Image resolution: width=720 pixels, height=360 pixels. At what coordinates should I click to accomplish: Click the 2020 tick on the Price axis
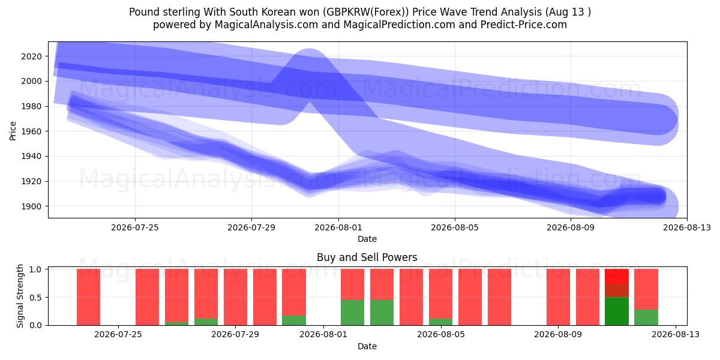31,56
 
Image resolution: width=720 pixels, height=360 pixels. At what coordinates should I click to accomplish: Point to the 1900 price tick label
31,206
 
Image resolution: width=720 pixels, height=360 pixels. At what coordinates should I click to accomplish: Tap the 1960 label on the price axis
31,131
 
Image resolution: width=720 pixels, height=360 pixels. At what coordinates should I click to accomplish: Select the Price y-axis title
13,131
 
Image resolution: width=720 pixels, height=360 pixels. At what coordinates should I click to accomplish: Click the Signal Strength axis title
20,296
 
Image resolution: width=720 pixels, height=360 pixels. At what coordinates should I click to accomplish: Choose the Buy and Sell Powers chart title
367,257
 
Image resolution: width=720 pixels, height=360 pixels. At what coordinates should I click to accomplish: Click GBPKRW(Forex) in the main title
366,12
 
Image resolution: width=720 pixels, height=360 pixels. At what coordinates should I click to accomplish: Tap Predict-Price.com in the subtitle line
524,25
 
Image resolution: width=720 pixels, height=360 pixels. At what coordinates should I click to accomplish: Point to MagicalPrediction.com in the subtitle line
399,25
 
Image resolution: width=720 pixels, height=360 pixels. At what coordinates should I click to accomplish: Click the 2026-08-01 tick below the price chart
338,227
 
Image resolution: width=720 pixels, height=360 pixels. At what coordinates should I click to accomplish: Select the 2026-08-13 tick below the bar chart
676,335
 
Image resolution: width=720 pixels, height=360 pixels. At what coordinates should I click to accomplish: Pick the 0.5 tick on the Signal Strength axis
35,298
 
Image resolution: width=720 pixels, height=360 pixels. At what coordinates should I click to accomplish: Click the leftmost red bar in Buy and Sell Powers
88,297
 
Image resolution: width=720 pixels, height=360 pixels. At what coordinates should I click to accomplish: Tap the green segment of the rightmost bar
646,317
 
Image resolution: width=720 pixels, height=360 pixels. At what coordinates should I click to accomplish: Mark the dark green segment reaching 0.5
617,311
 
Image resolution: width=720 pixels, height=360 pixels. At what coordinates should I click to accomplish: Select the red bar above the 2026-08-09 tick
559,297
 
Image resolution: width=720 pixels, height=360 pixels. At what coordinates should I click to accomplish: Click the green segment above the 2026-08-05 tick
440,322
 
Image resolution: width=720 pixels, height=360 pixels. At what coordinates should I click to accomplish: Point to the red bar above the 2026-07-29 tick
236,297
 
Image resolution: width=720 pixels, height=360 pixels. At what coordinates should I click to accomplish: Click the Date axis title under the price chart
367,239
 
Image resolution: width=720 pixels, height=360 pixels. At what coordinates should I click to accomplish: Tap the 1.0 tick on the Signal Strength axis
35,269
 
